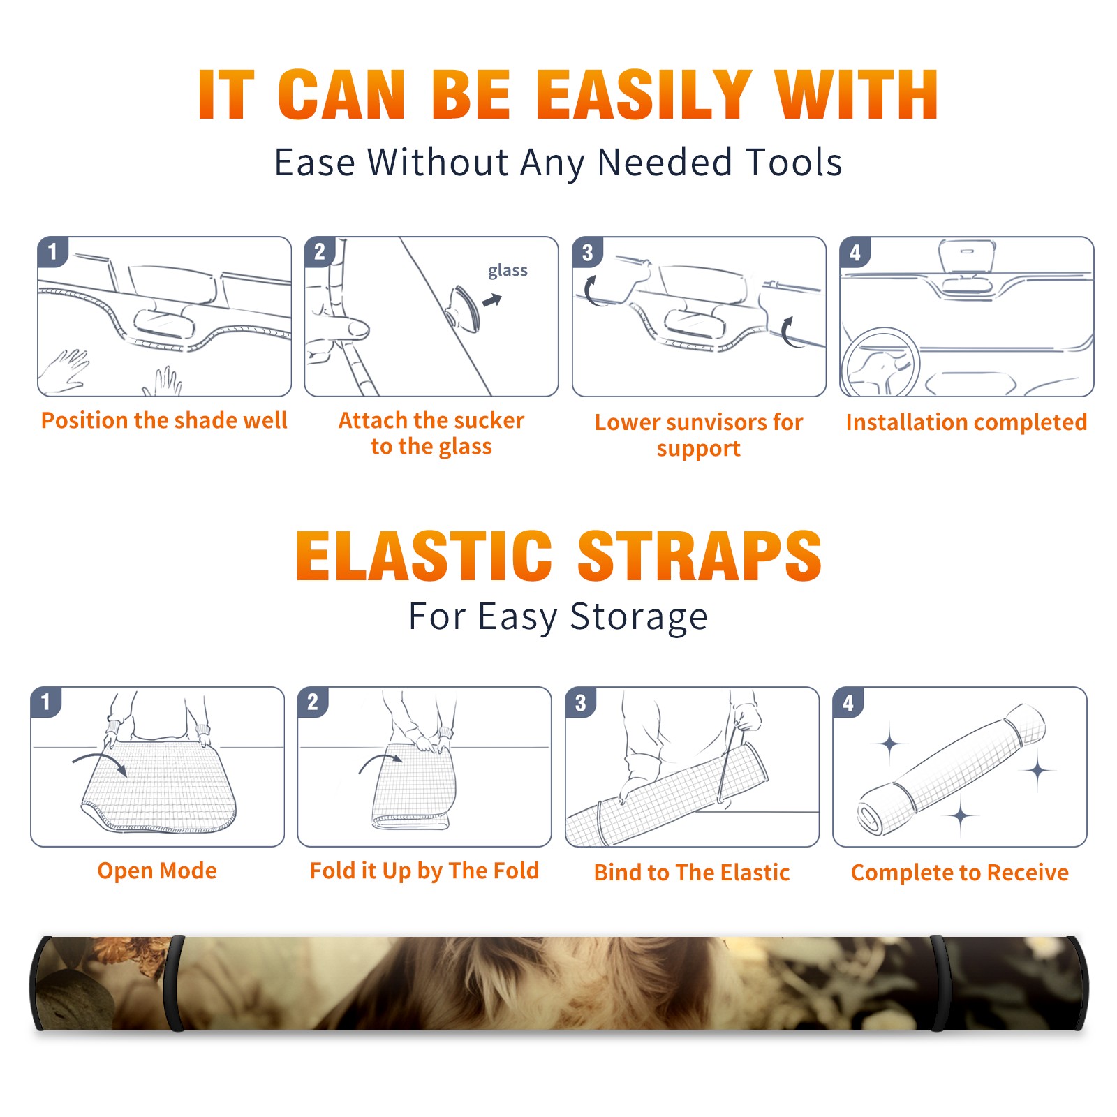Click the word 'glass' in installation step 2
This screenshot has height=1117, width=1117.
tap(508, 270)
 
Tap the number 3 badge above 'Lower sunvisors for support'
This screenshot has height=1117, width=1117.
tap(587, 253)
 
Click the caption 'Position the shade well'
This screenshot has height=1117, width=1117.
tap(164, 420)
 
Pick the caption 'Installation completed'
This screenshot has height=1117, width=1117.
tap(966, 422)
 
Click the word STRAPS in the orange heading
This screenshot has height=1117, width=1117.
tap(700, 556)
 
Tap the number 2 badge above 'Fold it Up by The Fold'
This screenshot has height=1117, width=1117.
tap(312, 702)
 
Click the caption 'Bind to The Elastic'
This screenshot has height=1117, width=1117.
tap(691, 873)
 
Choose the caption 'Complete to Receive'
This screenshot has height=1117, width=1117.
tap(959, 873)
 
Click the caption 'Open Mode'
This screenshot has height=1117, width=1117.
tap(157, 871)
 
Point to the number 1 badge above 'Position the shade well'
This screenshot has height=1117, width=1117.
tap(52, 251)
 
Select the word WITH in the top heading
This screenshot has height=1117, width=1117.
tap(857, 94)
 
